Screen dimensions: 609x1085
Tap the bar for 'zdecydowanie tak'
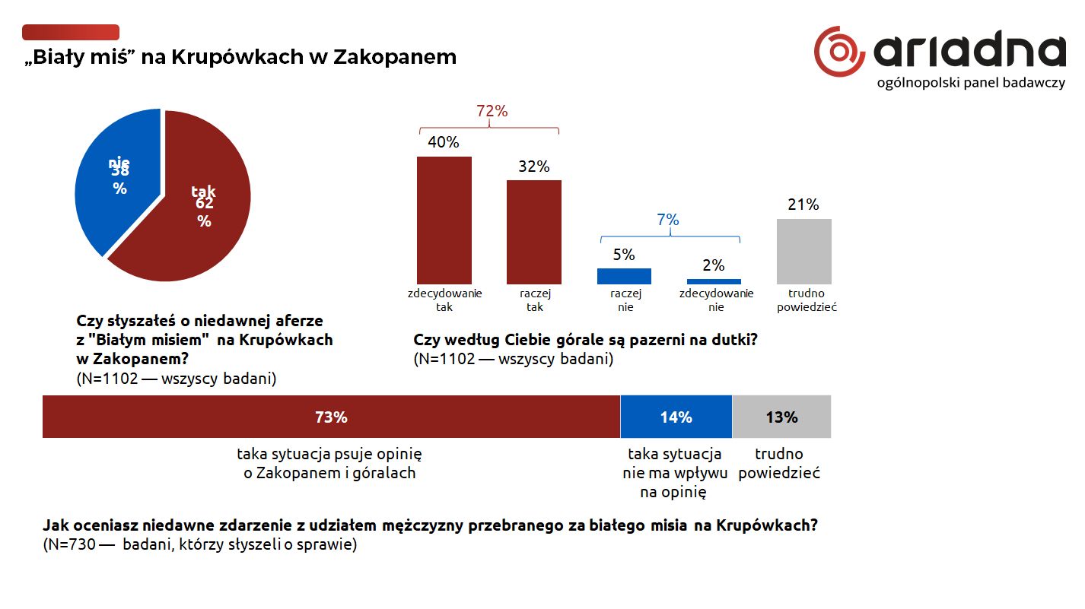(x=444, y=220)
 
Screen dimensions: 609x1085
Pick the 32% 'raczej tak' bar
(x=534, y=232)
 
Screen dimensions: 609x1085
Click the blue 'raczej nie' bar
(x=624, y=276)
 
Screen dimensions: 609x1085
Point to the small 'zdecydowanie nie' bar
(x=714, y=281)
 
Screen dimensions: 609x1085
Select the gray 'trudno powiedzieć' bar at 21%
(x=803, y=252)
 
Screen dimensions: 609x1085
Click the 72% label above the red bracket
(x=492, y=111)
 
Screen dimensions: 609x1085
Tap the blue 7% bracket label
(x=667, y=220)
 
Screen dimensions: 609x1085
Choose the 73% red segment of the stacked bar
(x=331, y=417)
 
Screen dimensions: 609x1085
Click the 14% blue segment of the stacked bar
(x=676, y=417)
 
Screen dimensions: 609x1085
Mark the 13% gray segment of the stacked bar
(x=781, y=417)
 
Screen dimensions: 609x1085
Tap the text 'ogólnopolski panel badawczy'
(x=971, y=84)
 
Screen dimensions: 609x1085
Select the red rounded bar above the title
(x=71, y=32)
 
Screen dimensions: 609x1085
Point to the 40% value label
(x=444, y=142)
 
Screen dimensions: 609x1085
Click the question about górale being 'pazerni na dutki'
(x=585, y=340)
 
